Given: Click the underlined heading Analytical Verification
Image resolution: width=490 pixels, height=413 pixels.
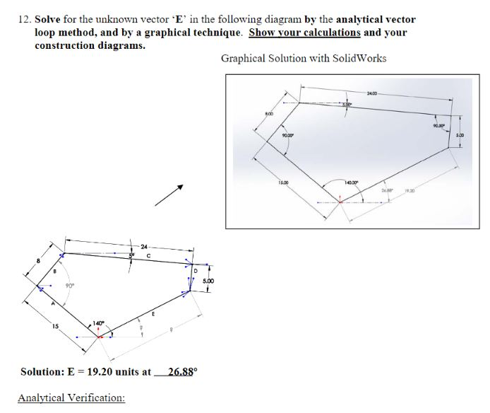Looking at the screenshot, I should [x=71, y=398].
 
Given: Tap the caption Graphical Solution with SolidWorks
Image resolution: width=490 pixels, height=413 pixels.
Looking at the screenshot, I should [x=304, y=58].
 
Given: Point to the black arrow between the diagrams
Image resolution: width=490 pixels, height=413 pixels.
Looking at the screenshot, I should [x=172, y=194].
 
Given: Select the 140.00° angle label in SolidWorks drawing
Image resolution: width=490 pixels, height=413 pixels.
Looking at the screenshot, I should [x=350, y=182].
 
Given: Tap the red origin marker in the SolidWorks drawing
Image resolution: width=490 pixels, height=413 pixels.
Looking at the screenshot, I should [x=340, y=201].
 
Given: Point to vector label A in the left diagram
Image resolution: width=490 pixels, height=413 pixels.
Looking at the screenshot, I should [x=51, y=302].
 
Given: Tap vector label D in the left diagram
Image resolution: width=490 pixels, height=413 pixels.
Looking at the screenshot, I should [x=196, y=269].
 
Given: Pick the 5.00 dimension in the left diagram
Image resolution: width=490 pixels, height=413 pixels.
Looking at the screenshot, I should [x=209, y=281].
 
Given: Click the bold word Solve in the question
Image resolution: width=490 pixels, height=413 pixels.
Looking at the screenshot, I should [x=48, y=20].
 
